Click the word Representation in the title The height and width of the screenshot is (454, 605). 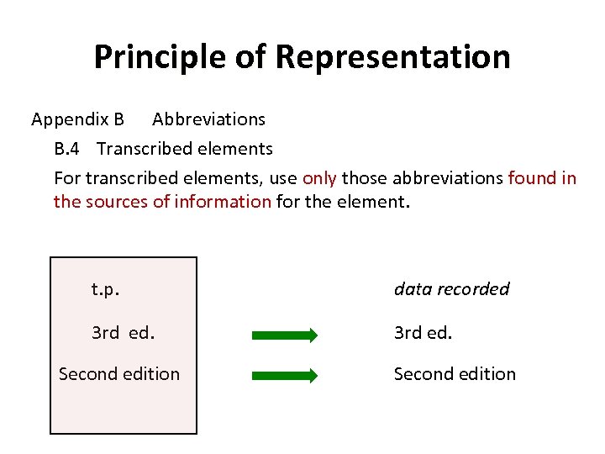[392, 57]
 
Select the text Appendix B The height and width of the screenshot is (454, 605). [77, 119]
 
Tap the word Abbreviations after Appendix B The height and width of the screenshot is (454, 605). [208, 119]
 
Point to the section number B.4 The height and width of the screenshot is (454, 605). [67, 149]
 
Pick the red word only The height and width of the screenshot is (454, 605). [319, 178]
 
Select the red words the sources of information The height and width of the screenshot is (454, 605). [162, 202]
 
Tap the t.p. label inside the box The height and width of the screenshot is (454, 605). [105, 289]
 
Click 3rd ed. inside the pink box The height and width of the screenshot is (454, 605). [123, 332]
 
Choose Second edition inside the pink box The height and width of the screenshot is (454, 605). [119, 374]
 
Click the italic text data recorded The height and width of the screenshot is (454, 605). [451, 289]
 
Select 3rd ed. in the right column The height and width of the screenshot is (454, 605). [423, 332]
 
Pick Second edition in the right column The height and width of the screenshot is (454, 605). [455, 374]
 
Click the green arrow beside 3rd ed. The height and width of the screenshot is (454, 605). [285, 335]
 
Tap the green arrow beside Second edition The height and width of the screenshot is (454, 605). [285, 376]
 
